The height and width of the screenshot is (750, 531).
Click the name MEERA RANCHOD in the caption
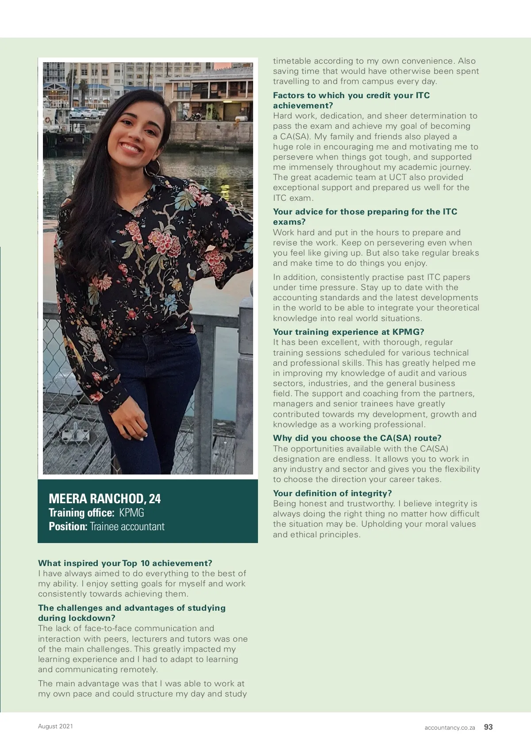point(96,499)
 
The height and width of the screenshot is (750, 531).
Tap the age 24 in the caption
point(155,499)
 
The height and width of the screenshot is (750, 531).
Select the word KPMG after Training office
point(131,513)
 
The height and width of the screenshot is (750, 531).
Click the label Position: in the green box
point(68,527)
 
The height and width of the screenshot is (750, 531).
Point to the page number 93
point(488,727)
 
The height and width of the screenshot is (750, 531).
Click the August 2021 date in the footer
point(55,726)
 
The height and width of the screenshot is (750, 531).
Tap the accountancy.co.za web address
point(450,727)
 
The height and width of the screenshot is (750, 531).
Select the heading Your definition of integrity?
point(332,493)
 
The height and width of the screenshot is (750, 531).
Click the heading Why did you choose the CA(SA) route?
point(357,438)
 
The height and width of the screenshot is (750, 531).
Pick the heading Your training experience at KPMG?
point(348,332)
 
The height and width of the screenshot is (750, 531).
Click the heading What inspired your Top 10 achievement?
point(125,563)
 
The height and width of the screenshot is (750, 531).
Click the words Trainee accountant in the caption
point(127,527)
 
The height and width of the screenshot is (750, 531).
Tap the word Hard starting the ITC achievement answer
point(283,116)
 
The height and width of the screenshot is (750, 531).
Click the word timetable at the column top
point(292,61)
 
